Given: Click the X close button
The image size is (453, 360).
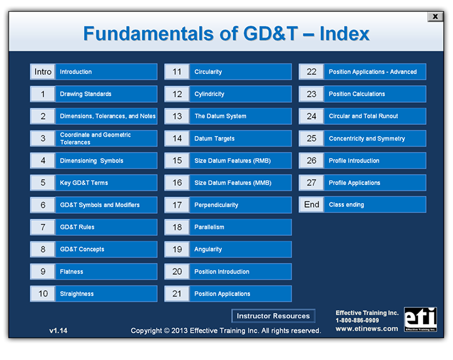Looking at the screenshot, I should tap(435, 17).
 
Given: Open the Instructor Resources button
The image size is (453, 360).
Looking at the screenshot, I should tap(273, 316).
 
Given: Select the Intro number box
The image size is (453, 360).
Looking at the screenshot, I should tap(43, 72).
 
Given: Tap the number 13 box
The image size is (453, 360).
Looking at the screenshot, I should tap(177, 116).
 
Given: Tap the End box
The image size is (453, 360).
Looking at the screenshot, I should tap(311, 204).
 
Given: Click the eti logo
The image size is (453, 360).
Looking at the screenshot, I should tap(420, 319).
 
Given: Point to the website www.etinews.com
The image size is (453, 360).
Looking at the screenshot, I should tap(367, 329).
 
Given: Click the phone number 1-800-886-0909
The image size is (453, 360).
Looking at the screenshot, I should tap(357, 320).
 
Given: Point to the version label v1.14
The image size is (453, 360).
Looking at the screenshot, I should tap(58, 330).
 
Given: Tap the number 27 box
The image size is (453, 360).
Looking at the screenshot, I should tap(311, 183).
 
